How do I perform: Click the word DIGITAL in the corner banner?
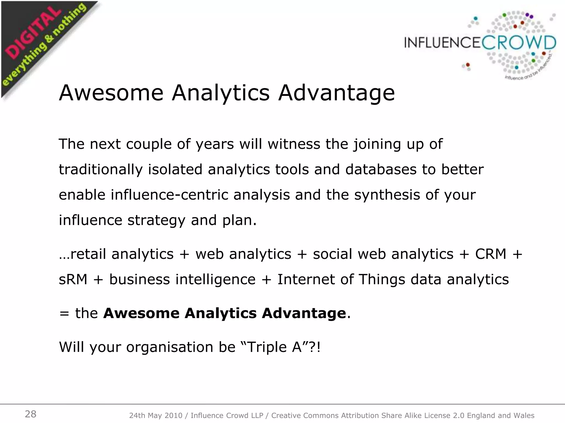33,34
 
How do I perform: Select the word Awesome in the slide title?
111,93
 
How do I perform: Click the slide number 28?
31,414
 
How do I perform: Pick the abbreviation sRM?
73,279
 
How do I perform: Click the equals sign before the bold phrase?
64,313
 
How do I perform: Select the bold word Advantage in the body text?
304,313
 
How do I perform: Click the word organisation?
170,347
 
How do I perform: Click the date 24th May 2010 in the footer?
156,415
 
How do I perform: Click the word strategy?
156,220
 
